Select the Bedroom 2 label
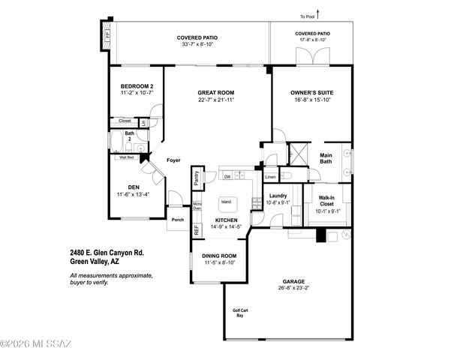coord(137,87)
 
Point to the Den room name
coord(133,187)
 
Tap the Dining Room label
coord(220,256)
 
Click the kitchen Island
coord(225,202)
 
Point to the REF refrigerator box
coord(197,230)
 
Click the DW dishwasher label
coord(227,177)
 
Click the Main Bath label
coord(326,158)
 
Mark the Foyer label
coord(173,160)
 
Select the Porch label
coord(178,220)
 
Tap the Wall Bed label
coord(126,158)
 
